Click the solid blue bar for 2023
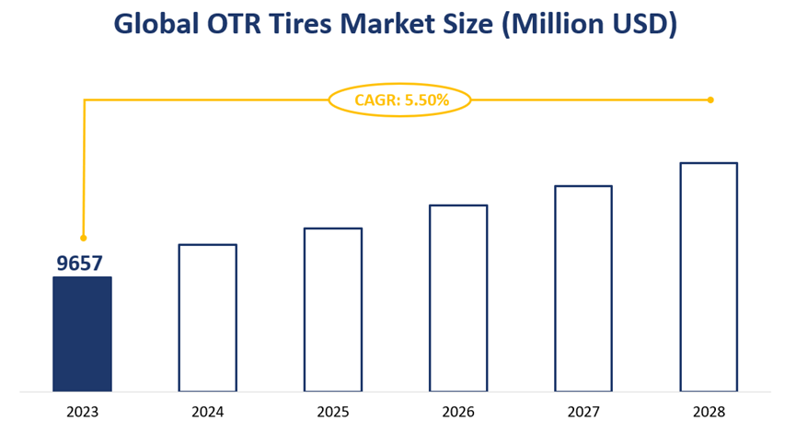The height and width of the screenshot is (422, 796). pyautogui.click(x=82, y=334)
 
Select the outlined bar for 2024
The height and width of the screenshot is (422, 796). pyautogui.click(x=207, y=318)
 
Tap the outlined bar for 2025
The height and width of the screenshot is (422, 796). pyautogui.click(x=332, y=310)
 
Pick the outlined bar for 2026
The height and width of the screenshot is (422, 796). pyautogui.click(x=457, y=298)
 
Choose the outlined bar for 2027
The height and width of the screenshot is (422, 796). pyautogui.click(x=583, y=288)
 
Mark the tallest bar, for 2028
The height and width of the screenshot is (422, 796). pyautogui.click(x=708, y=276)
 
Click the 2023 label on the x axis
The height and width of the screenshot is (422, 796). pyautogui.click(x=82, y=412)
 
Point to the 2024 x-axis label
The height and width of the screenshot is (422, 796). pyautogui.click(x=207, y=412)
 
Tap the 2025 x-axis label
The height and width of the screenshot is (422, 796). pyautogui.click(x=332, y=412)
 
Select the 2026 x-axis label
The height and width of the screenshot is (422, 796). pyautogui.click(x=457, y=412)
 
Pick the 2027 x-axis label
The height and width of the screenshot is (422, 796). pyautogui.click(x=583, y=412)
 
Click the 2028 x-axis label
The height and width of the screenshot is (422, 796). pyautogui.click(x=708, y=412)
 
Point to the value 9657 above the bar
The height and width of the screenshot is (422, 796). pyautogui.click(x=79, y=264)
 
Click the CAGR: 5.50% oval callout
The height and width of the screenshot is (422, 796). pyautogui.click(x=400, y=100)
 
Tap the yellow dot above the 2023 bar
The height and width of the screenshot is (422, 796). pyautogui.click(x=84, y=238)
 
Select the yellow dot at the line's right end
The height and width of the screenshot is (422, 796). pyautogui.click(x=710, y=100)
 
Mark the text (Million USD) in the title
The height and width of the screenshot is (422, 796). pyautogui.click(x=588, y=24)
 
